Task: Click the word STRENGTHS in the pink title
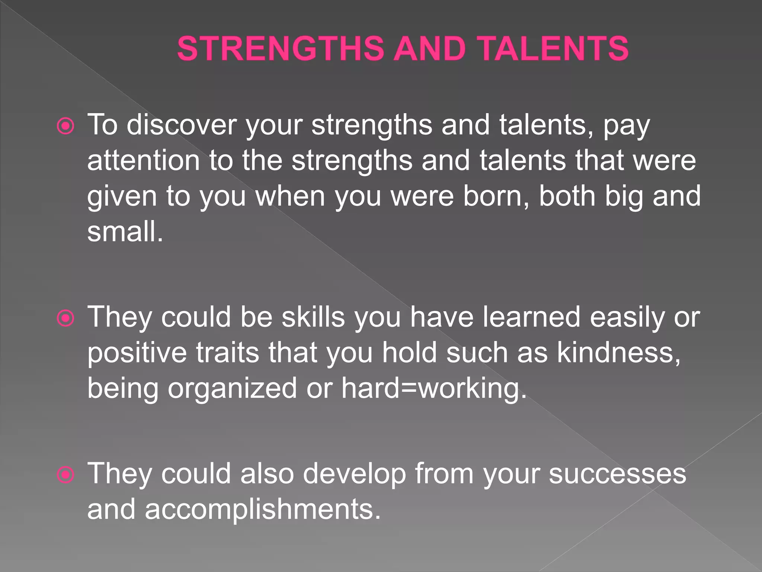[280, 49]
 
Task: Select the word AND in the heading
[430, 49]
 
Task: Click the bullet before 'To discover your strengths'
[66, 127]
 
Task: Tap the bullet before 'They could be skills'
[66, 319]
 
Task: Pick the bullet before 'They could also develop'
[66, 475]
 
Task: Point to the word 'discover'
[181, 125]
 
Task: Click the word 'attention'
[143, 161]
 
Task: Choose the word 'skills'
[313, 317]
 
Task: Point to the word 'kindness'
[618, 353]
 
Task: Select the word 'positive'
[137, 353]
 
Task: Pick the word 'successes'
[617, 474]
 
